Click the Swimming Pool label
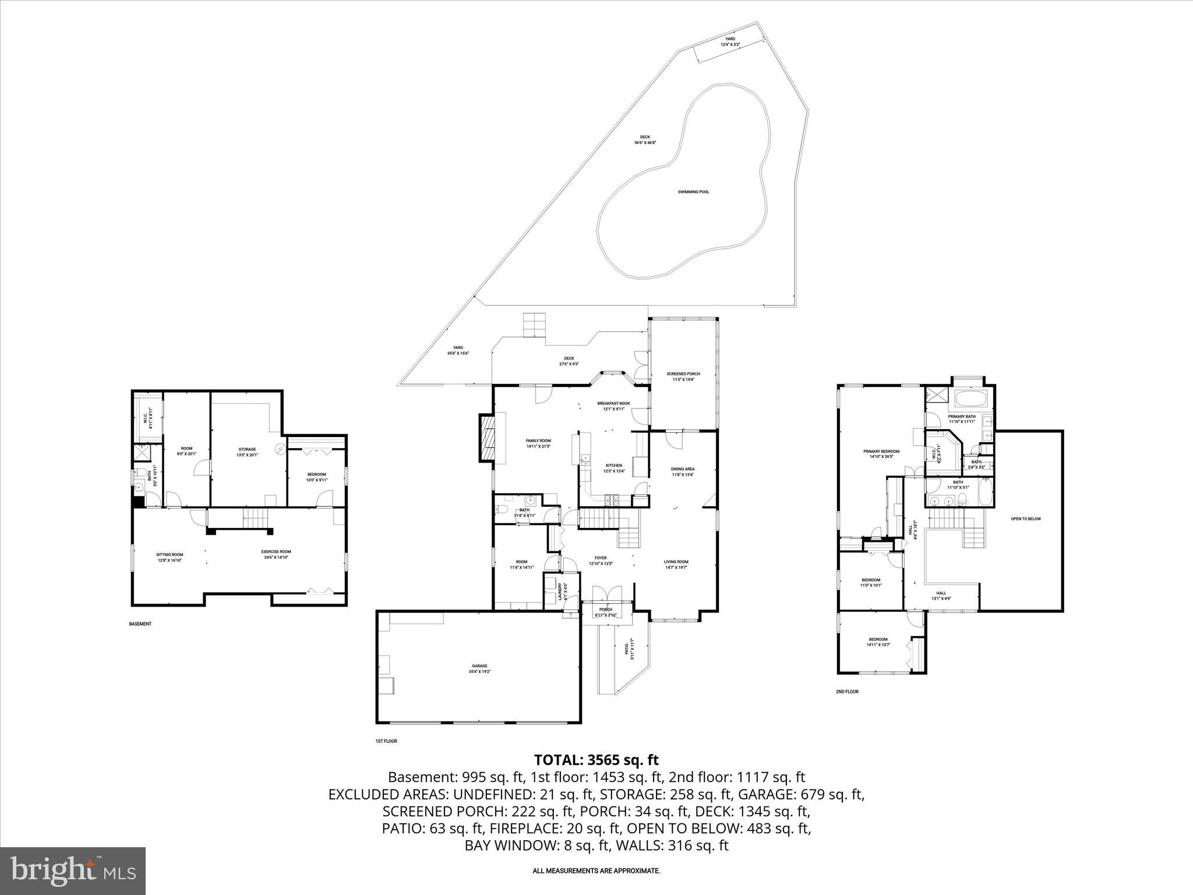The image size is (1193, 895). coord(693,192)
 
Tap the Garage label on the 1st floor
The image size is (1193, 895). coord(479,666)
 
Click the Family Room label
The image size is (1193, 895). coord(538,441)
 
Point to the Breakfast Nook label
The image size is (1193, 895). coord(613,403)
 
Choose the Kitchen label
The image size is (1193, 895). coord(613,466)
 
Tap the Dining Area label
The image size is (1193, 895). coord(683,469)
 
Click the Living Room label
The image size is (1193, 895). coord(676,562)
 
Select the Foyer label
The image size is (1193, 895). coord(601,558)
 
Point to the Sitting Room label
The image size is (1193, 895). coord(170,555)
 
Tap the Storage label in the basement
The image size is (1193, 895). coord(246,449)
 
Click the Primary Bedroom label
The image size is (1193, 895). coord(881,452)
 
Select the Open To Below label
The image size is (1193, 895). coord(1025,519)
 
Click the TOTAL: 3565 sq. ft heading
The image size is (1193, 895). coord(596,760)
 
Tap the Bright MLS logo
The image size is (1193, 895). coord(73,871)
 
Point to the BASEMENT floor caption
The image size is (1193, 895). coord(140,624)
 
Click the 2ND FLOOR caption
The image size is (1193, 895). coord(847,692)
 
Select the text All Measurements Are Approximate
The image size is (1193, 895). coord(596,871)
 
